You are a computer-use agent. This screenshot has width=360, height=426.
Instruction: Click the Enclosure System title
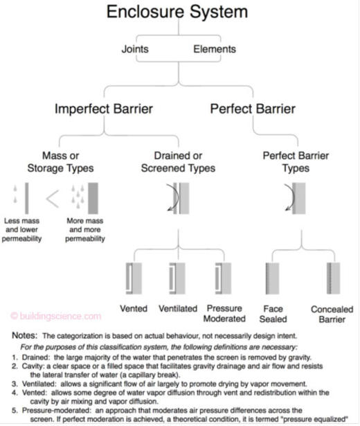pyautogui.click(x=177, y=12)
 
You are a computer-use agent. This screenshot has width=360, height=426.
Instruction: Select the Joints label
pyautogui.click(x=135, y=49)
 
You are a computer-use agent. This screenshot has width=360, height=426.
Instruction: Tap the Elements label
pyautogui.click(x=215, y=49)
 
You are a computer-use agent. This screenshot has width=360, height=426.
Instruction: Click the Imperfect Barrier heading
pyautogui.click(x=104, y=109)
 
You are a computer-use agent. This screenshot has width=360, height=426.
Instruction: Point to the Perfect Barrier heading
pyautogui.click(x=253, y=109)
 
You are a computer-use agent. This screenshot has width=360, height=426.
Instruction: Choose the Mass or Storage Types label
pyautogui.click(x=60, y=162)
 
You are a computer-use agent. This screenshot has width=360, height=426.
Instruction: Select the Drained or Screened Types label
pyautogui.click(x=178, y=162)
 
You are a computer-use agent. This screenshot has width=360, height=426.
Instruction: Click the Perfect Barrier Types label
pyautogui.click(x=296, y=162)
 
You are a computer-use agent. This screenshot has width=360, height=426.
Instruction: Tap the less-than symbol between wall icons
pyautogui.click(x=53, y=199)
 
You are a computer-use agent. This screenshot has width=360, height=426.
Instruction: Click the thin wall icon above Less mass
pyautogui.click(x=26, y=198)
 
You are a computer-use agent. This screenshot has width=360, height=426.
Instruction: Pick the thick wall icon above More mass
pyautogui.click(x=93, y=198)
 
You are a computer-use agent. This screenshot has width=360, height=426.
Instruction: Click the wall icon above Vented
pyautogui.click(x=134, y=278)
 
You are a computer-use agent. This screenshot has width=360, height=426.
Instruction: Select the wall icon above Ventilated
pyautogui.click(x=177, y=278)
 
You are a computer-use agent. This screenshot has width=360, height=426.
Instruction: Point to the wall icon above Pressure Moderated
pyautogui.click(x=223, y=278)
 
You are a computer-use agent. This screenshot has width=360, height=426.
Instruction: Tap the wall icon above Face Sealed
pyautogui.click(x=272, y=278)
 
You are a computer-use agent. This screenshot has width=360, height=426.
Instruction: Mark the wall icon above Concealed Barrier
pyautogui.click(x=334, y=278)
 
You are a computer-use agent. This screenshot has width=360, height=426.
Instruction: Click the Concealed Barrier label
pyautogui.click(x=332, y=314)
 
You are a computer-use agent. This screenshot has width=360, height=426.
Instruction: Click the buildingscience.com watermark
pyautogui.click(x=56, y=317)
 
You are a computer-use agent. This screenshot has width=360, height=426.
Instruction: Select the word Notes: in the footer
pyautogui.click(x=25, y=335)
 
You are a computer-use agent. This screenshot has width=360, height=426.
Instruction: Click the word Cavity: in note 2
pyautogui.click(x=33, y=366)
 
